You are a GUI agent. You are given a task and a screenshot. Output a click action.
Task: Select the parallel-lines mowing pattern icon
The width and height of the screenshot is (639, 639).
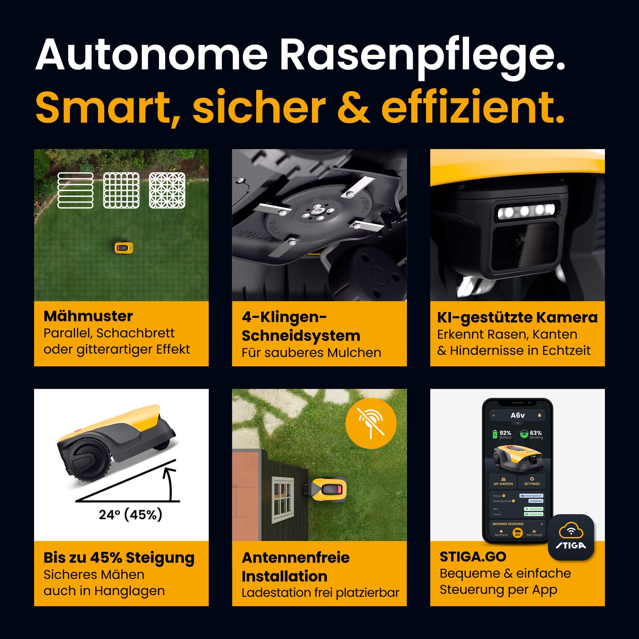point(75,190)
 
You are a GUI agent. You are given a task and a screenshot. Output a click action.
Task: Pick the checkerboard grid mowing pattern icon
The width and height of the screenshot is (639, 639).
point(121,190)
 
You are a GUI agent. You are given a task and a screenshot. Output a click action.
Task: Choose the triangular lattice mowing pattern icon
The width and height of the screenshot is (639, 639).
point(167,190)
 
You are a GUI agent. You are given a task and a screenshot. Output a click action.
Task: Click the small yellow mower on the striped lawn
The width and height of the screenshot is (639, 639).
point(124,248)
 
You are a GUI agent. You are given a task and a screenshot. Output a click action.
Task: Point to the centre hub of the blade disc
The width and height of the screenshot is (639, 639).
point(317,212)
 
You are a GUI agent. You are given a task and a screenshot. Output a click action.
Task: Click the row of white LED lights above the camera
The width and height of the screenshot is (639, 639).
point(526,210)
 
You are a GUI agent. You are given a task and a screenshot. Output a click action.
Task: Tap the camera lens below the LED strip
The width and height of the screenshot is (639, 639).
point(520,243)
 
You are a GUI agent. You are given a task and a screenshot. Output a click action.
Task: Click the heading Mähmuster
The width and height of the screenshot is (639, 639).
point(88,316)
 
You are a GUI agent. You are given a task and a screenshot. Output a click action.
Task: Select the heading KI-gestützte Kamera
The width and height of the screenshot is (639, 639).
point(517,318)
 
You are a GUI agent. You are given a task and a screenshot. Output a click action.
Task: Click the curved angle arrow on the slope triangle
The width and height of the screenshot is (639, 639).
point(170,483)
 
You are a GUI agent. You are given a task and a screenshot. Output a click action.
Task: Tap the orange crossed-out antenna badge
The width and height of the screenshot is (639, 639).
point(371,423)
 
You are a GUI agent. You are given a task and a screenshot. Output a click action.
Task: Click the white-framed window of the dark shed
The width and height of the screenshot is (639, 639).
point(282,500)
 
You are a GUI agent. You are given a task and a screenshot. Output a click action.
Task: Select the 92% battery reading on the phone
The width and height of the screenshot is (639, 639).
point(505,433)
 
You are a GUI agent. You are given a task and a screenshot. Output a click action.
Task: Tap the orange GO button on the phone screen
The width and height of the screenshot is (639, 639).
point(517,533)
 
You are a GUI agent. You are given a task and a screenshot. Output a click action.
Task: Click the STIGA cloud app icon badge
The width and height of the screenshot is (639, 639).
point(571,537)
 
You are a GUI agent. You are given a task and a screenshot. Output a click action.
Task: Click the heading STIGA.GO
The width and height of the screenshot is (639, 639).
point(473,557)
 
